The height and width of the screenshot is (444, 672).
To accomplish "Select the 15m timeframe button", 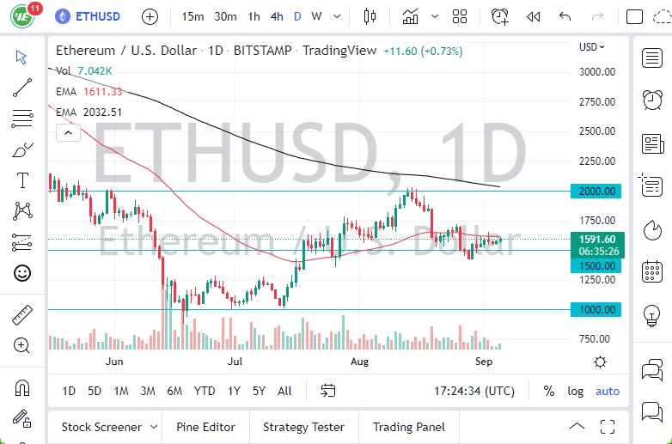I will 193,16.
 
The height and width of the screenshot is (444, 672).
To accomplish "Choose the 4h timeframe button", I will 276,16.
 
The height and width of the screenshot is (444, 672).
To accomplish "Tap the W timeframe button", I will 316,16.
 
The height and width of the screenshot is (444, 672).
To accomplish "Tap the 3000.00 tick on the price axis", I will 597,71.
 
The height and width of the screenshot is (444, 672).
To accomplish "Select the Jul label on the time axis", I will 235,362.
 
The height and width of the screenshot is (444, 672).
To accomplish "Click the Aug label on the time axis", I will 359,362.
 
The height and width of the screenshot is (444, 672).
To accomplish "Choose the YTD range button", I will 205,391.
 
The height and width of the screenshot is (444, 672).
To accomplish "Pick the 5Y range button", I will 259,391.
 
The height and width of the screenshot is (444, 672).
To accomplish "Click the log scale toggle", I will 575,391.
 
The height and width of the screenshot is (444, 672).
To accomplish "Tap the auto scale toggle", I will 608,391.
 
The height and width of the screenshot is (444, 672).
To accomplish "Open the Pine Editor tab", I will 206,427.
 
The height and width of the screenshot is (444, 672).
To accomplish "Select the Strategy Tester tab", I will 303,427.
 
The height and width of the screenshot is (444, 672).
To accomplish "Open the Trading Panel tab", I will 409,427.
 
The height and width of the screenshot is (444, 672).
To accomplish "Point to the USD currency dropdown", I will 591,47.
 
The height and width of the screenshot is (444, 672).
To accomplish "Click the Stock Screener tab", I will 101,427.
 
